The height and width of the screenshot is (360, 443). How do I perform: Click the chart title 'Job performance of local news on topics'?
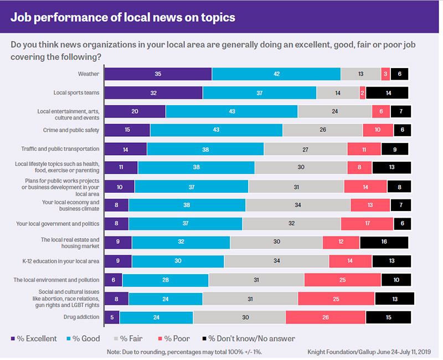point(123,17)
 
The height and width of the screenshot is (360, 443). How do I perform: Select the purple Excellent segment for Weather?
point(158,74)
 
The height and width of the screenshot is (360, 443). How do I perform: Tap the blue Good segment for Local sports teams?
point(259,92)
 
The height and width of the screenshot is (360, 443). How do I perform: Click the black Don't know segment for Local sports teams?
point(387,92)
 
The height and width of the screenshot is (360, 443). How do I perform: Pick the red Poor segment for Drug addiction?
point(325,317)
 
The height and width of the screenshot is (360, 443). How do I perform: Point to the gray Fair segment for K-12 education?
point(276,261)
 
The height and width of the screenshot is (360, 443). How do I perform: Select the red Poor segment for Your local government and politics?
point(367,224)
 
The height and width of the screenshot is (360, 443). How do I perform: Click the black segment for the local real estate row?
point(384,242)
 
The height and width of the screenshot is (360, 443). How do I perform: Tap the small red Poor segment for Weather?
point(385,74)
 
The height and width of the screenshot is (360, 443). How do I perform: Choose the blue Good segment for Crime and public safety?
point(216,130)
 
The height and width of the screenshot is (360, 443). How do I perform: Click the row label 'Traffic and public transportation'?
point(60,149)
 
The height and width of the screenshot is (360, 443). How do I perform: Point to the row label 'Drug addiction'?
point(81,317)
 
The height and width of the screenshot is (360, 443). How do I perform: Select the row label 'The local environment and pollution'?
point(56,280)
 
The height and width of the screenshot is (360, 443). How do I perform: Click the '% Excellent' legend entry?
point(34,338)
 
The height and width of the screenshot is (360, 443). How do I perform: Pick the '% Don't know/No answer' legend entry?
point(253,338)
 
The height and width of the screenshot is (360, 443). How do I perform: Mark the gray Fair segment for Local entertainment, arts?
point(334,111)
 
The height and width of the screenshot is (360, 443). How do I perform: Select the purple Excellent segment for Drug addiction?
point(112,317)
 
